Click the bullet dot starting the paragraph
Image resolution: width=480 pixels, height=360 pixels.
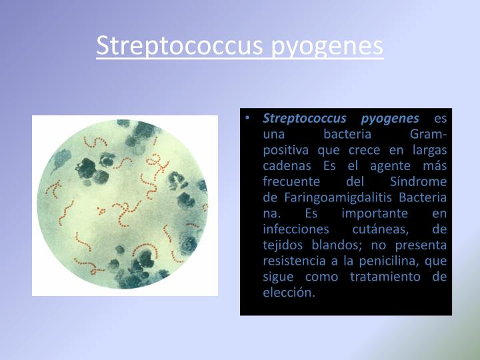pyautogui.click(x=247, y=118)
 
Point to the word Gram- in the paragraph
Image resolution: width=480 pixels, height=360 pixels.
pyautogui.click(x=430, y=135)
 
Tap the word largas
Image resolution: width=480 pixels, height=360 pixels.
pyautogui.click(x=429, y=150)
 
